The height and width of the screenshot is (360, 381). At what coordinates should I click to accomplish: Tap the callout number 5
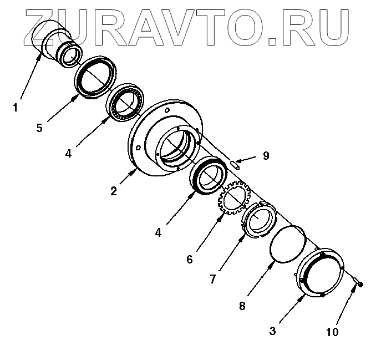click(39, 128)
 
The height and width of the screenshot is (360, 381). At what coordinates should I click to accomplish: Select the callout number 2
click(113, 191)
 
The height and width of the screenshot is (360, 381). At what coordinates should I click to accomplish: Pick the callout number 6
click(189, 258)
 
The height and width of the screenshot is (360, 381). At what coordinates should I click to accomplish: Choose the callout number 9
click(266, 156)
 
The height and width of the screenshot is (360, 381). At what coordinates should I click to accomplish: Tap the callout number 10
click(332, 332)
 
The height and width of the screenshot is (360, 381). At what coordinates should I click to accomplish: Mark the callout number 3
click(272, 331)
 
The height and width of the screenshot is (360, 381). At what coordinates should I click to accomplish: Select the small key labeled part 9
click(235, 163)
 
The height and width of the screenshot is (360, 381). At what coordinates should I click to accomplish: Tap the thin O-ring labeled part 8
click(287, 242)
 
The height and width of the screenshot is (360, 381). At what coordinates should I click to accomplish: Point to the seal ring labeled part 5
click(96, 76)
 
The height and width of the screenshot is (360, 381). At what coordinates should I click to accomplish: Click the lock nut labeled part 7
click(258, 220)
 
